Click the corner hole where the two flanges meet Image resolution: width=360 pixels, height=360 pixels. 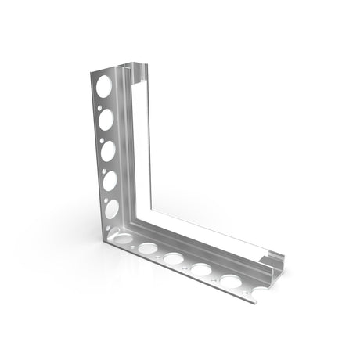122,238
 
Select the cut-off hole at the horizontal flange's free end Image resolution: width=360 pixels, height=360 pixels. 253,293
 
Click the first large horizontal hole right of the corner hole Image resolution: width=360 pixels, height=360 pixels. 148,248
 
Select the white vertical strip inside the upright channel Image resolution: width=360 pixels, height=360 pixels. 142,141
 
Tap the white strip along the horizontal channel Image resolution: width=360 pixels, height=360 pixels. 211,243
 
